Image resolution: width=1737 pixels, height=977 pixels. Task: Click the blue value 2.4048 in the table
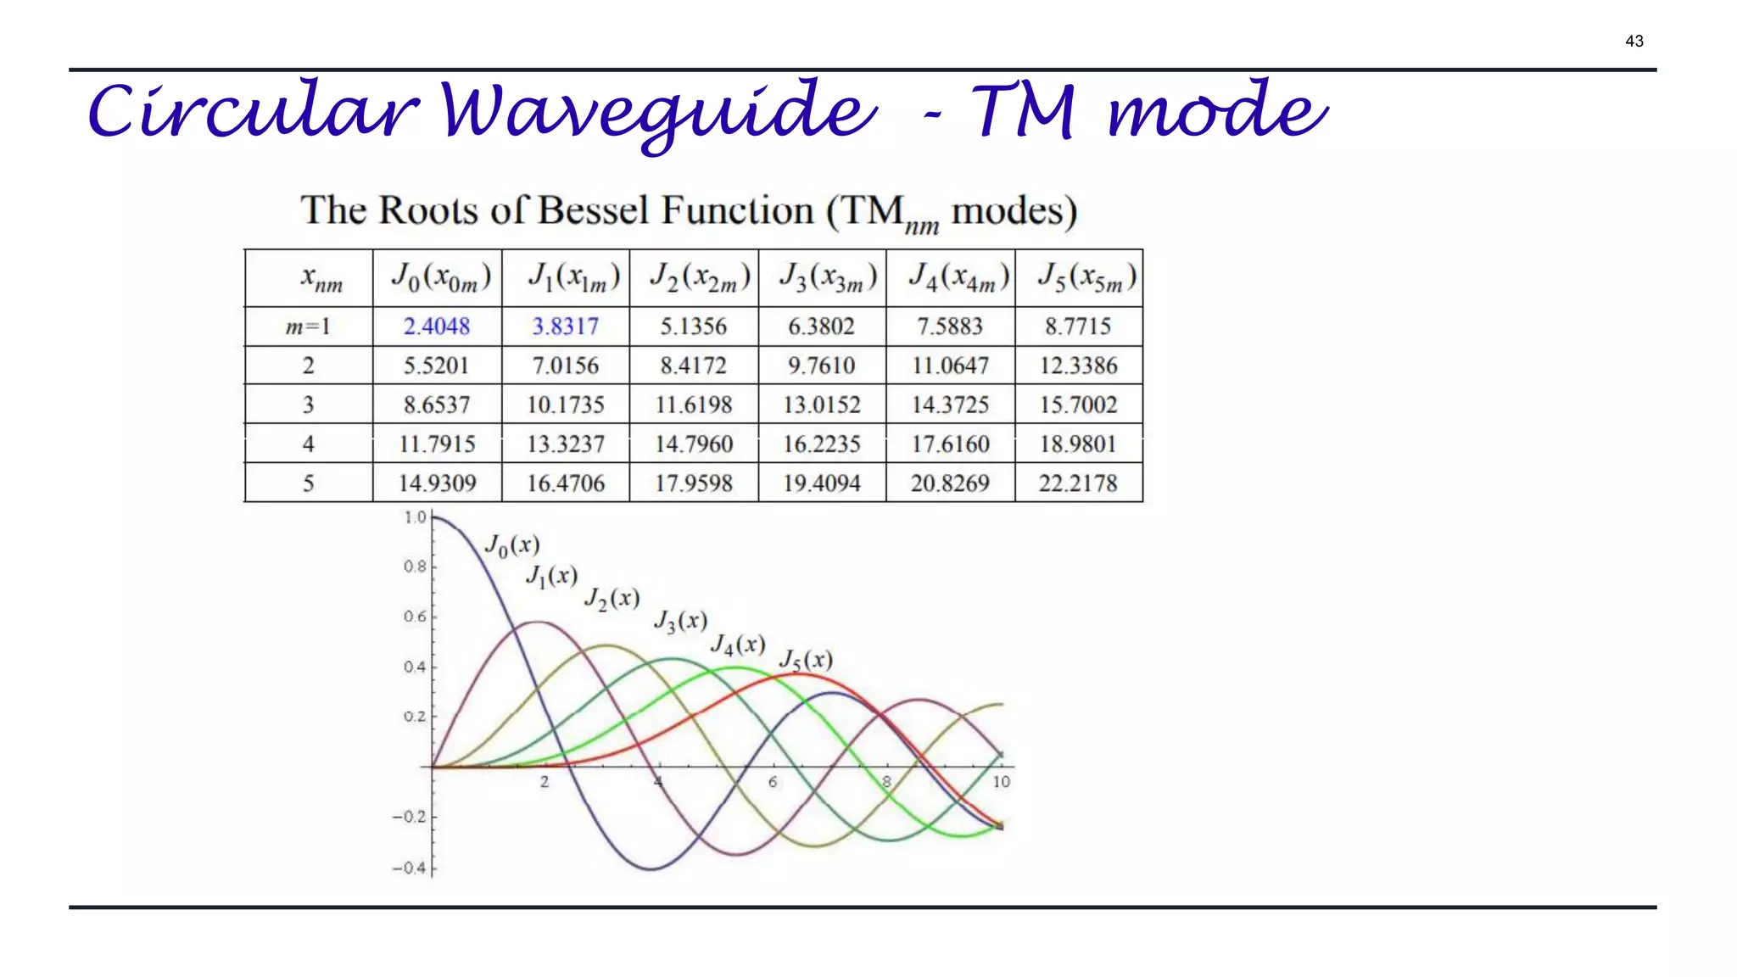point(437,327)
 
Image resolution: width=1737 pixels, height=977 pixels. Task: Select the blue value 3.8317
point(566,327)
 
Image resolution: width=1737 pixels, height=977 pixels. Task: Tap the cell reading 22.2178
point(1078,483)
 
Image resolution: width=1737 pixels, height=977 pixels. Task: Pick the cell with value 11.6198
point(694,405)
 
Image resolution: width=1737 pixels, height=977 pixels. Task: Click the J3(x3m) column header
point(822,278)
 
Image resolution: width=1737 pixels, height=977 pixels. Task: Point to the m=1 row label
point(308,327)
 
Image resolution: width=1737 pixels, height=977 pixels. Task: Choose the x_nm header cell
point(321,278)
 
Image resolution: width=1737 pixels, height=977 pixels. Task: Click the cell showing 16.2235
point(822,444)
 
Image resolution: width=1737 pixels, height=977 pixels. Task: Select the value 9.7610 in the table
point(822,366)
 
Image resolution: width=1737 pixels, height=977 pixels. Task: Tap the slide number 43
point(1634,41)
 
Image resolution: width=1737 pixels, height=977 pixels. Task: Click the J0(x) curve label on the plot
point(511,545)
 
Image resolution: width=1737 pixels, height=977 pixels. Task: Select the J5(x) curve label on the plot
point(806,660)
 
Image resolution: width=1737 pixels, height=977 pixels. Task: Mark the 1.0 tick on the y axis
point(416,517)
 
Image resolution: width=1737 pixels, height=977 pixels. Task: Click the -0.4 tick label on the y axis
point(410,868)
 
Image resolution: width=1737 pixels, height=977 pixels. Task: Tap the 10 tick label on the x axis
point(1002,782)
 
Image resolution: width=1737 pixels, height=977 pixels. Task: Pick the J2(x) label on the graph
point(612,599)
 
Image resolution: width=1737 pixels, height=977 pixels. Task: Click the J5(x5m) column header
point(1079,278)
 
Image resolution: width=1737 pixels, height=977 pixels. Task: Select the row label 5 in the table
point(308,483)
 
